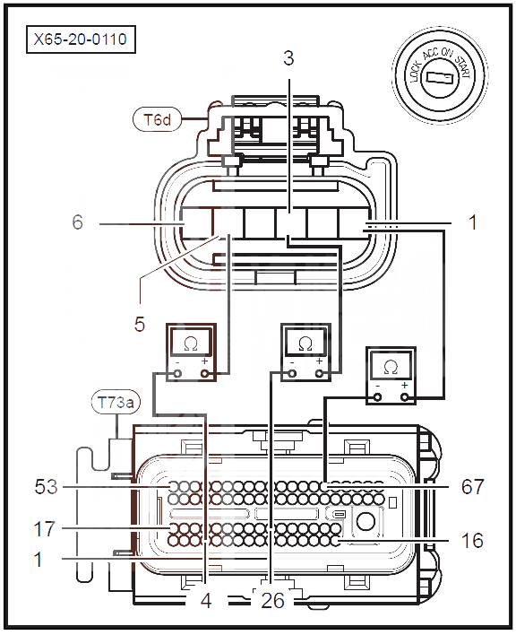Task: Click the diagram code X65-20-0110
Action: [x=81, y=39]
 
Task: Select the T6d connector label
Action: [x=157, y=119]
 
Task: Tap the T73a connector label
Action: [x=116, y=403]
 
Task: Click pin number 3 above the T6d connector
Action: [x=288, y=58]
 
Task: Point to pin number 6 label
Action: [x=77, y=222]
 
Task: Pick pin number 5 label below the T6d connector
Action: [x=140, y=324]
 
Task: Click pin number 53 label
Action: [x=46, y=487]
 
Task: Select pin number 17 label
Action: [x=45, y=529]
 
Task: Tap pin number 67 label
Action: [x=472, y=486]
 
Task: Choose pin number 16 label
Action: [x=472, y=540]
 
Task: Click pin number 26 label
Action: [x=273, y=601]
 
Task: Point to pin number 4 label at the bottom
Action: [x=206, y=601]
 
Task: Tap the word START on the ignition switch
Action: [x=463, y=66]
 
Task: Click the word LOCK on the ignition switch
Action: [x=416, y=72]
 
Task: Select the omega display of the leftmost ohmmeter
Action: [x=191, y=344]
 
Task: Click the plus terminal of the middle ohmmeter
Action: [x=320, y=374]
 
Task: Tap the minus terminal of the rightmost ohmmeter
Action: [x=378, y=396]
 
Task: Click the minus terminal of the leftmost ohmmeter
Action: [x=177, y=374]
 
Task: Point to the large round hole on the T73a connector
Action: [x=366, y=522]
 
